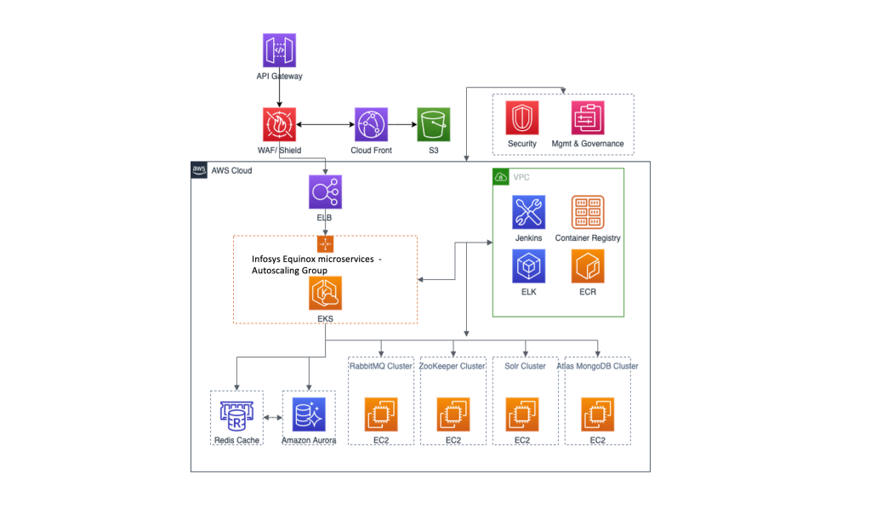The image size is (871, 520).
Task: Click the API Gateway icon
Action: pos(279,50)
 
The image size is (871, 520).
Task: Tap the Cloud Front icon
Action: pos(372,124)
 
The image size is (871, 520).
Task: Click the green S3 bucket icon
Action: pos(433,124)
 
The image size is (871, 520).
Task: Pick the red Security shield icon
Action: pos(522,117)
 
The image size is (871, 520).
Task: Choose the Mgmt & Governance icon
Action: pos(588,117)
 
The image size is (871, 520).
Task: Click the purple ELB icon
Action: pos(325,192)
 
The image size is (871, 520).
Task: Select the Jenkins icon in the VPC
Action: pos(528,212)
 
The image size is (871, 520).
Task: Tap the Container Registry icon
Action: pos(588,212)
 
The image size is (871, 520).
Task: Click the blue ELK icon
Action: pos(528,266)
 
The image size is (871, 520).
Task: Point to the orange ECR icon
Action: pos(588,266)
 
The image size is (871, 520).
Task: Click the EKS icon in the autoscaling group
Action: pos(325,294)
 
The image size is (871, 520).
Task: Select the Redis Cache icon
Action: pos(237,415)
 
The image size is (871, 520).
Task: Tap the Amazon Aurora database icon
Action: pos(308,415)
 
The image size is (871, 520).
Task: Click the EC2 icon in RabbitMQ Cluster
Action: pos(380,414)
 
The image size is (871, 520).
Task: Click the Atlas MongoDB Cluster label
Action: pos(597,366)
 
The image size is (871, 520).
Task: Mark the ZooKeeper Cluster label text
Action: pos(453,366)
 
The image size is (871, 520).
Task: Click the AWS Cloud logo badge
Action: pos(199,170)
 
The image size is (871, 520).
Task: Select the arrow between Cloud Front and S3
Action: pos(402,125)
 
